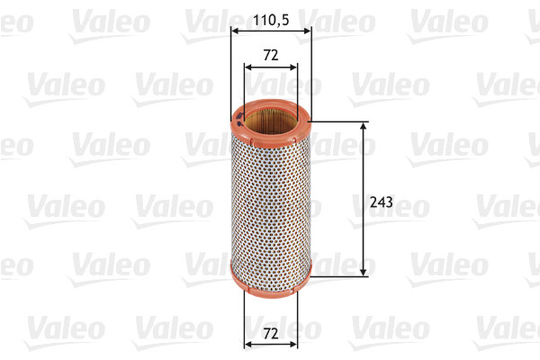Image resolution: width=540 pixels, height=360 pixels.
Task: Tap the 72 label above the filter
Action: coord(270,54)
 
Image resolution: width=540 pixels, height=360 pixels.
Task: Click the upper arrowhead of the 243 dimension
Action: coord(363,127)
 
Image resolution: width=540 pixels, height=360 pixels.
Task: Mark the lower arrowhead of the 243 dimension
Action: coord(363,270)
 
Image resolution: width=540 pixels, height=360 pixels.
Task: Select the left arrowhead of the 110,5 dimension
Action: coord(236,31)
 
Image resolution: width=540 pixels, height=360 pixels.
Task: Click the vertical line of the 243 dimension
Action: coord(363,171)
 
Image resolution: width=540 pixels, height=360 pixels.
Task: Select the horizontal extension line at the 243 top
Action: coord(337,121)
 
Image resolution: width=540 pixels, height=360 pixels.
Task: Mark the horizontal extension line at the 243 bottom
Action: coord(337,275)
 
